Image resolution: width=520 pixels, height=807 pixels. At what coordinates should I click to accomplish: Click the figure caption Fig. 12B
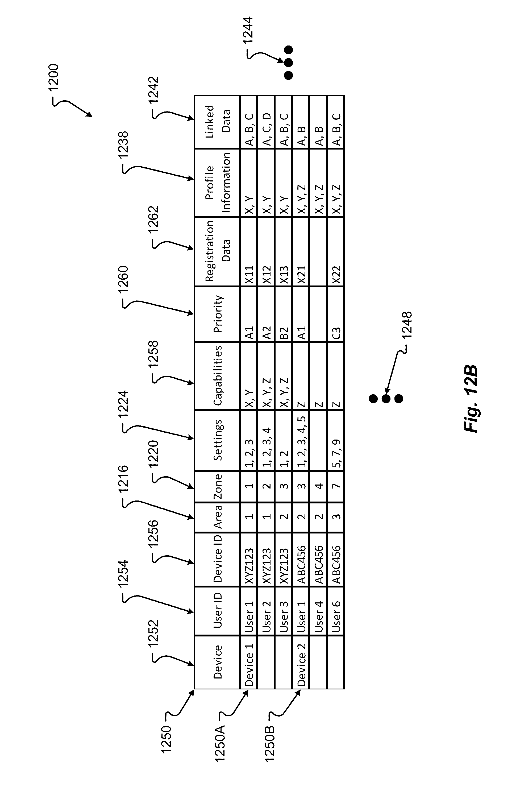click(471, 399)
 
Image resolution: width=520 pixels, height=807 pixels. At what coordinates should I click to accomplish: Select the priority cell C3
click(336, 333)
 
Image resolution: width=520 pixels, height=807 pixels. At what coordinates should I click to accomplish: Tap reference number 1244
click(248, 30)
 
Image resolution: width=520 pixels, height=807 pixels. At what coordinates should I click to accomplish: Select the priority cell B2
click(284, 333)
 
